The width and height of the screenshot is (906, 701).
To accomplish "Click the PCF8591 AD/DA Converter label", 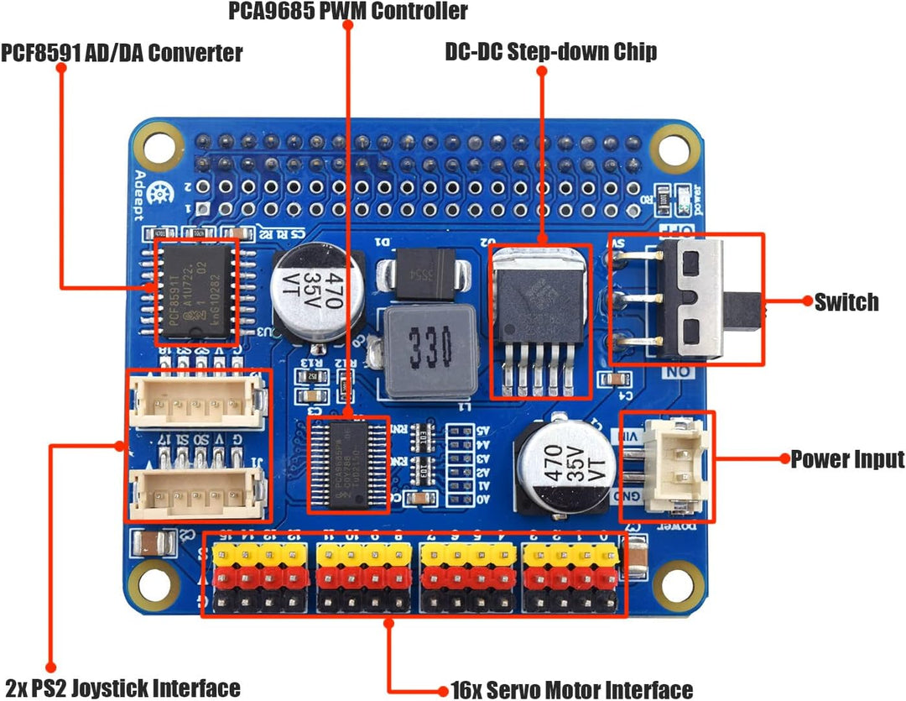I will tap(122, 53).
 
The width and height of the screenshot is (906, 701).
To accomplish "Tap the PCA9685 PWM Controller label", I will tap(348, 11).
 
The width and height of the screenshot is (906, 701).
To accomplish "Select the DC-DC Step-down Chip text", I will tap(551, 52).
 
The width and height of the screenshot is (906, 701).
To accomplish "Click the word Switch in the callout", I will tap(846, 302).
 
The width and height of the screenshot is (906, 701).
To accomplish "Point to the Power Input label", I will tap(847, 459).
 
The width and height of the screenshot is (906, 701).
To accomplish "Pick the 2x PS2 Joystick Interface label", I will tap(122, 688).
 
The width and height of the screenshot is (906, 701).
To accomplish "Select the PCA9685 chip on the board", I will tap(349, 466).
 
